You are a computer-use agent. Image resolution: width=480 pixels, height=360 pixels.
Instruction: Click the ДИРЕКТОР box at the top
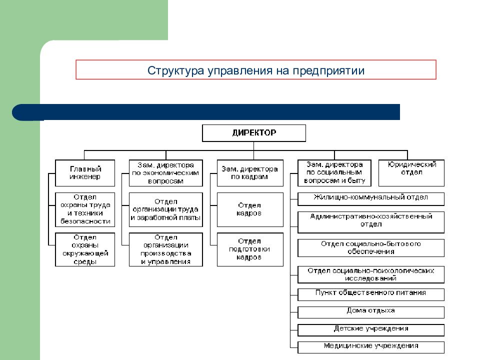tap(254, 133)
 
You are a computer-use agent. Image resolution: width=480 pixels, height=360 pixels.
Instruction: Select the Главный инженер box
tap(85, 173)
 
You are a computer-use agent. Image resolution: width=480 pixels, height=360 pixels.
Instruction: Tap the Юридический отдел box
tap(411, 173)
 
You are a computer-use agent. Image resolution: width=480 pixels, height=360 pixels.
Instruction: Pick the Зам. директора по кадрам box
tap(250, 173)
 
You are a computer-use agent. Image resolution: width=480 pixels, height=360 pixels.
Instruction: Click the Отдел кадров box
tap(250, 209)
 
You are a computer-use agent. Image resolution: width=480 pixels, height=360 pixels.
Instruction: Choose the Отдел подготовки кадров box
tap(250, 249)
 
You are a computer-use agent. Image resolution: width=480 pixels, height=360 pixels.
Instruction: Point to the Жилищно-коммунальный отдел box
tap(371, 199)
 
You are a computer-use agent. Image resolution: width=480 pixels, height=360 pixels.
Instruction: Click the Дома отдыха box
tap(371, 312)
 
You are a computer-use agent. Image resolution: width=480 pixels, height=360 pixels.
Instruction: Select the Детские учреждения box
tap(371, 330)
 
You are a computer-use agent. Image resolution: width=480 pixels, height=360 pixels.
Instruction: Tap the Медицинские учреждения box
tap(371, 347)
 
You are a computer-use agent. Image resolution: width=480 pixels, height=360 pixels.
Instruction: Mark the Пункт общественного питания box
tap(371, 294)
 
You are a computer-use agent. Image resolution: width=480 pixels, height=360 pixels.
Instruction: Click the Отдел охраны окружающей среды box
tap(85, 249)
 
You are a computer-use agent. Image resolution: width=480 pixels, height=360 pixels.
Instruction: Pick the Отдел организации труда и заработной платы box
tap(166, 209)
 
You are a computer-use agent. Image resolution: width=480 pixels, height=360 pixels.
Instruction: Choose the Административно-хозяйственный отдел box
tap(371, 222)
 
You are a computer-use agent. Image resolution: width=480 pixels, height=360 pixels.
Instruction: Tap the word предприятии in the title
tap(328, 70)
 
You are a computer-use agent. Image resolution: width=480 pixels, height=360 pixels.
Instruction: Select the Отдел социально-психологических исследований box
tap(371, 274)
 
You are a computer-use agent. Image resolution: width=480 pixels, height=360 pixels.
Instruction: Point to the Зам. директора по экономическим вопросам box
tap(166, 173)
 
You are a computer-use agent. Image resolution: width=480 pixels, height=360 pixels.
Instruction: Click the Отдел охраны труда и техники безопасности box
tap(85, 209)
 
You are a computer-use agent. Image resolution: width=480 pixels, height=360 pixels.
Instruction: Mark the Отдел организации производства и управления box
tap(166, 249)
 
